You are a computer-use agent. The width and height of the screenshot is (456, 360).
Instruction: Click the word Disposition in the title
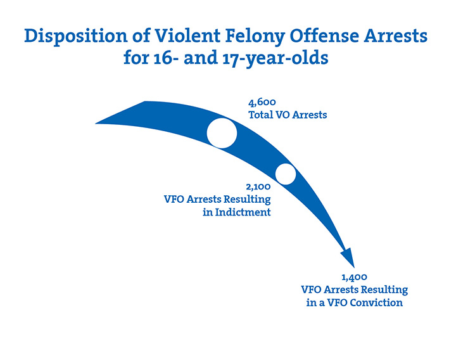(x=76, y=37)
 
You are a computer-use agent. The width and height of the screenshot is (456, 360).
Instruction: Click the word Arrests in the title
(x=396, y=36)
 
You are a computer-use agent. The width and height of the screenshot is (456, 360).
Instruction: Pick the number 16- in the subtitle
(x=165, y=58)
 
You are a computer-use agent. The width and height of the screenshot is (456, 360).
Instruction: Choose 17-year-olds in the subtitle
(x=275, y=59)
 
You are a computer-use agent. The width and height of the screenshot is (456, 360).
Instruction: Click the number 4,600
(x=262, y=103)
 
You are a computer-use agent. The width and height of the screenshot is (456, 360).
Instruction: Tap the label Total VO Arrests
(x=288, y=115)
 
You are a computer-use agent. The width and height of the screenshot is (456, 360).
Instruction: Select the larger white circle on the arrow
(x=222, y=133)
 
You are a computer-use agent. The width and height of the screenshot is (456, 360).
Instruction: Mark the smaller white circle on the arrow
(x=286, y=174)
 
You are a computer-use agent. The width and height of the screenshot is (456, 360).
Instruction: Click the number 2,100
(x=258, y=187)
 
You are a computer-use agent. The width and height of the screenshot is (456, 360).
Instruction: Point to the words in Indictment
(x=237, y=212)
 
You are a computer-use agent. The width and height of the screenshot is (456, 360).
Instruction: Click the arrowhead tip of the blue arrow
(x=354, y=267)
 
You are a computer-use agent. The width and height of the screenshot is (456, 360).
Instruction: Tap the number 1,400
(x=354, y=278)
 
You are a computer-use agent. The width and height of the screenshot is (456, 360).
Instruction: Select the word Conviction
(x=376, y=303)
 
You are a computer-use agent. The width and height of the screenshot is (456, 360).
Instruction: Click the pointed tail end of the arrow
(x=96, y=124)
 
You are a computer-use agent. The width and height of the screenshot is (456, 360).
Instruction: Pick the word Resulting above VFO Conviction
(x=384, y=290)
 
